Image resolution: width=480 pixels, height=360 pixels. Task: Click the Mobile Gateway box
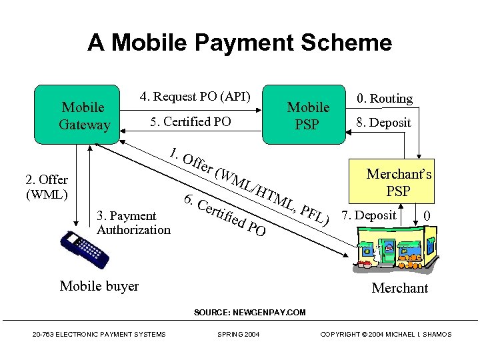(x=83, y=115)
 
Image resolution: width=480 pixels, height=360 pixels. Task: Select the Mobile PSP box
(x=307, y=115)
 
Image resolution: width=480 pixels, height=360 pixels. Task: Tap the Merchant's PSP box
(x=398, y=182)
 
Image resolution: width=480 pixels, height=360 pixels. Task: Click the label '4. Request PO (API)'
(x=195, y=97)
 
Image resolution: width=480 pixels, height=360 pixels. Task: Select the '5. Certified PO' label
(x=191, y=122)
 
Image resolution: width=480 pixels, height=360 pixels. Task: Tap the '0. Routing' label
(x=385, y=99)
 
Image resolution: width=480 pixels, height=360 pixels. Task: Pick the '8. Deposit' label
(x=383, y=123)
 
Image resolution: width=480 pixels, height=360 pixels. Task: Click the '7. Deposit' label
(x=369, y=215)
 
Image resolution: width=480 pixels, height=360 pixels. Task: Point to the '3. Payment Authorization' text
(x=133, y=223)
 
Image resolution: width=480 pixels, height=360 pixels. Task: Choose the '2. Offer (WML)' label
(x=46, y=187)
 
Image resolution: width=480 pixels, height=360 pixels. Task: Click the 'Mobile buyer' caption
(x=99, y=286)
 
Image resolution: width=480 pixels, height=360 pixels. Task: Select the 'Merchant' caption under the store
(x=399, y=288)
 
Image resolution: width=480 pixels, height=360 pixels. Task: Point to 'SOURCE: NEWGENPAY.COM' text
(x=249, y=312)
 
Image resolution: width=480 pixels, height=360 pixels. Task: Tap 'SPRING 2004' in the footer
(x=239, y=334)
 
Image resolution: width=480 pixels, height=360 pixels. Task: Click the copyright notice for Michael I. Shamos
(x=385, y=334)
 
